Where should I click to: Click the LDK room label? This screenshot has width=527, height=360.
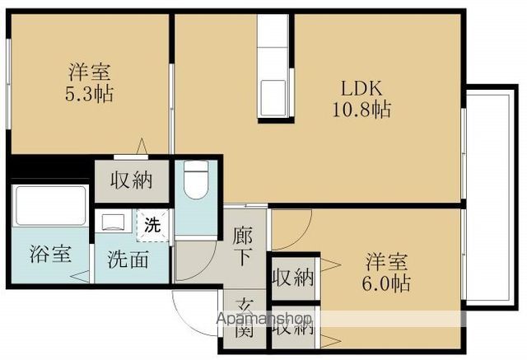[361, 89]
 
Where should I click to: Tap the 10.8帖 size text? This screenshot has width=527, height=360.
[361, 109]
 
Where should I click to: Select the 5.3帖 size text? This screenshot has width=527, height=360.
[89, 94]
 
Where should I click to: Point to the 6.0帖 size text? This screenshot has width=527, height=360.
[386, 283]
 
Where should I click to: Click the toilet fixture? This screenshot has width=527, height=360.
[197, 180]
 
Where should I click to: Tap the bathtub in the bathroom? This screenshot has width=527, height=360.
[51, 205]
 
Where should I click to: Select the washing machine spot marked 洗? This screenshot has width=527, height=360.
[152, 225]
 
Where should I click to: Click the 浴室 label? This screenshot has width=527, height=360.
[51, 254]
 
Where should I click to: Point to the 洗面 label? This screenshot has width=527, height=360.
[128, 259]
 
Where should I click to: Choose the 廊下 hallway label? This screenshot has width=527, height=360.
[243, 246]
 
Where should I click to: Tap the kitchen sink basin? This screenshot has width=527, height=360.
[273, 98]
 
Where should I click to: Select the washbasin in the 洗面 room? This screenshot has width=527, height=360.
[113, 222]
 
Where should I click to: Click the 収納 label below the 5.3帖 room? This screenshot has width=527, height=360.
[132, 180]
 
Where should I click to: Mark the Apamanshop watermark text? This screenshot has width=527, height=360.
[264, 318]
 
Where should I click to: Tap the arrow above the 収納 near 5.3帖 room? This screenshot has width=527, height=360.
[142, 147]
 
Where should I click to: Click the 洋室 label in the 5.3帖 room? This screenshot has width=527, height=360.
[90, 72]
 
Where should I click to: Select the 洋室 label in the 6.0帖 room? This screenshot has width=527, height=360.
[387, 261]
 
